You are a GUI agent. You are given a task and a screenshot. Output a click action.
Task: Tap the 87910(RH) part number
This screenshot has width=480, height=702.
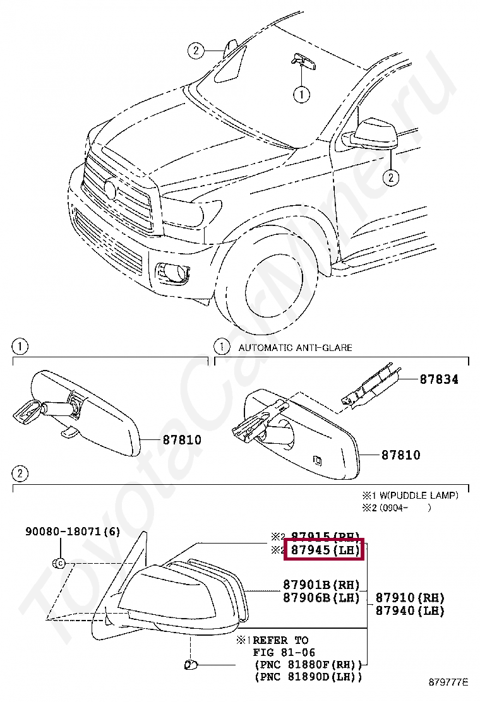[410, 597]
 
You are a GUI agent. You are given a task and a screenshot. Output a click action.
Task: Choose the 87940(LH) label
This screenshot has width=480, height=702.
[410, 610]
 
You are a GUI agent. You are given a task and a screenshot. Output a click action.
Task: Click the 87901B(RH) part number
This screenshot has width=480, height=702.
[321, 585]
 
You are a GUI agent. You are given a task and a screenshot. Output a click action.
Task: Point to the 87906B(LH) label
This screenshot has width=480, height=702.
[321, 597]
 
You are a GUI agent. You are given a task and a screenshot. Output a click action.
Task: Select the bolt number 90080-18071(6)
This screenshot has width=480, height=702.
[73, 532]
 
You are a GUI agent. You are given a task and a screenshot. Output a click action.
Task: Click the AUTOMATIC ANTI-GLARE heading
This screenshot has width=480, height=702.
[295, 347]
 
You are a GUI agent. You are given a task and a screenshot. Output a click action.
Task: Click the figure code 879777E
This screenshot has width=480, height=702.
[449, 682]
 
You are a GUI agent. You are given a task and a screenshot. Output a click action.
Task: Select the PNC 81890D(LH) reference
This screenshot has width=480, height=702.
[308, 677]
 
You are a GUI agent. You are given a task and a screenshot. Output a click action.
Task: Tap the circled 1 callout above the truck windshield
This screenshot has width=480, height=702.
[302, 95]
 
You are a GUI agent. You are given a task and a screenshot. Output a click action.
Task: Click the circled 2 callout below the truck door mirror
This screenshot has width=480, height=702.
[391, 178]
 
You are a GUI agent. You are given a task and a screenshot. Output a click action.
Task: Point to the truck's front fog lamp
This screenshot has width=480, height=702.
[172, 273]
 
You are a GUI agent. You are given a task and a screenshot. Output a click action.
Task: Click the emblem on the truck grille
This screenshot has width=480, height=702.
[110, 189]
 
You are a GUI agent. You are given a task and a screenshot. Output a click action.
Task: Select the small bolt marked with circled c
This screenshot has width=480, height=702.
[59, 562]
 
